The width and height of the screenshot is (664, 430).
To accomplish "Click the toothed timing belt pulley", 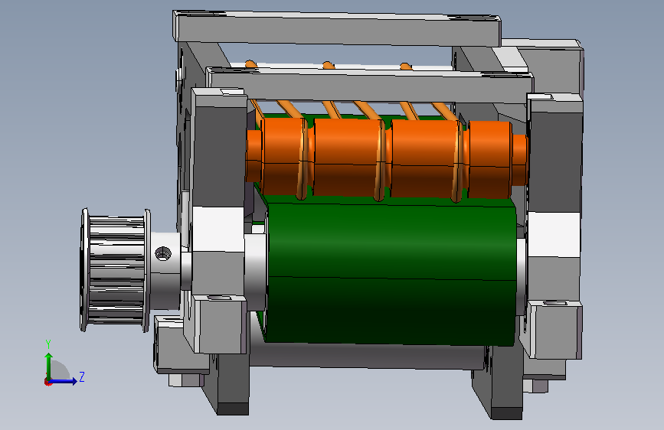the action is (115, 269).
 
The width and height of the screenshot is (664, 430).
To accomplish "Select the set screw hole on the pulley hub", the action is (163, 254).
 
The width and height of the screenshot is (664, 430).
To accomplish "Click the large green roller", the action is (392, 273).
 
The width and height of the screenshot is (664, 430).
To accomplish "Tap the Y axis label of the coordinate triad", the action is (48, 344).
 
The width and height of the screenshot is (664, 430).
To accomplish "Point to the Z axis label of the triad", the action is (82, 376).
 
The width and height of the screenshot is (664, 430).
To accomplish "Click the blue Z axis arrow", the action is (63, 381).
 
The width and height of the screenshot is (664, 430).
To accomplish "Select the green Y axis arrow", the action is (49, 367).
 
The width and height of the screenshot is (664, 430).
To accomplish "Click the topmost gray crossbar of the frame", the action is (337, 28).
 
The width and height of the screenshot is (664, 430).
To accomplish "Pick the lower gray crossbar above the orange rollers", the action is (369, 85).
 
